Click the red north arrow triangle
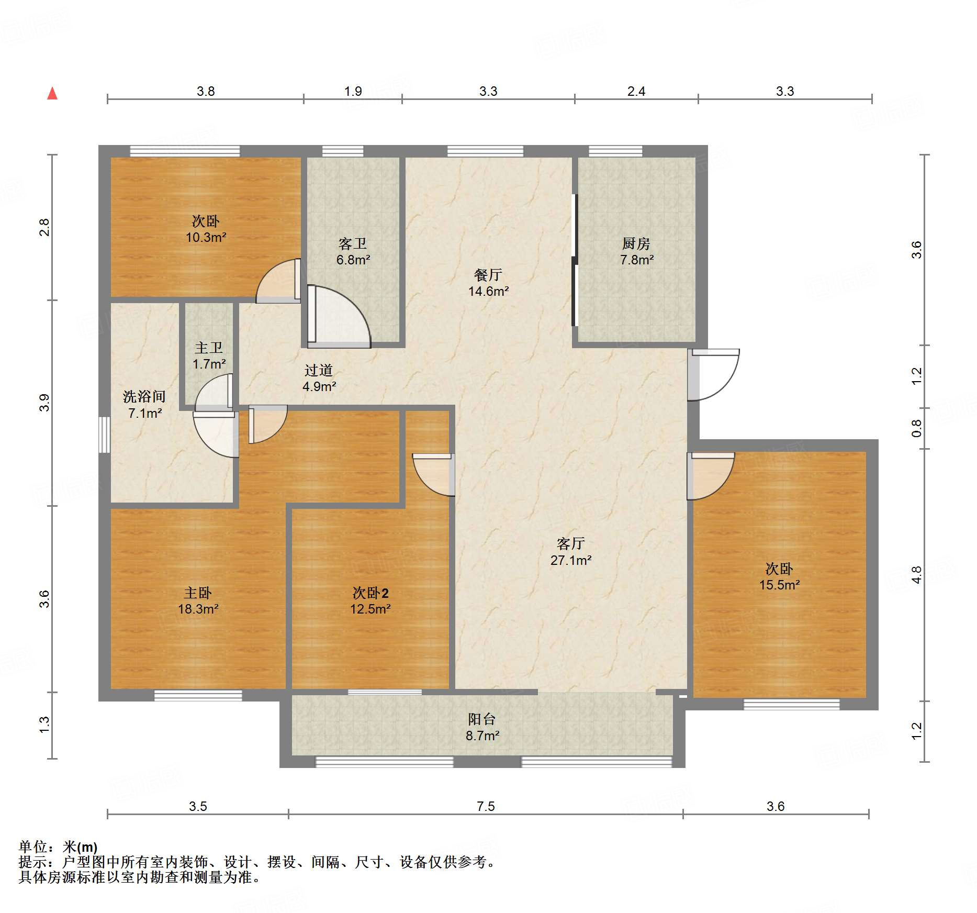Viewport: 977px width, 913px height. click(52, 93)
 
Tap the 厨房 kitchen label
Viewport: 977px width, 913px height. click(636, 243)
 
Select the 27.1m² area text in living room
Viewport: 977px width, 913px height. click(571, 560)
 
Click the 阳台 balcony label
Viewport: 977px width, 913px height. click(482, 719)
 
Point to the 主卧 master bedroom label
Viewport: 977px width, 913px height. click(198, 593)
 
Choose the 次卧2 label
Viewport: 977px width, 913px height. click(370, 593)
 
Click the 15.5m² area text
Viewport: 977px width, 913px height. click(780, 585)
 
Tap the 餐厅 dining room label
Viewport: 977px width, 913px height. click(488, 275)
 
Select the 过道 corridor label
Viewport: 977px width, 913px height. click(319, 371)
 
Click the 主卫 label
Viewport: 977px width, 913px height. click(209, 348)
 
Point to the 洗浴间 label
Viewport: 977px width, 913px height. click(144, 397)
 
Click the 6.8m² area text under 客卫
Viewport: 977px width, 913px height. click(353, 260)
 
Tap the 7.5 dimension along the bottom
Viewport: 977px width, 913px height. click(486, 806)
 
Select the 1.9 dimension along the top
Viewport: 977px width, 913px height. click(353, 91)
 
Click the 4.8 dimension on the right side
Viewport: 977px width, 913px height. click(916, 575)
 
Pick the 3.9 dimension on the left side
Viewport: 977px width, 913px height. click(44, 403)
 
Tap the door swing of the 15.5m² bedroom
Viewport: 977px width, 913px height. click(711, 476)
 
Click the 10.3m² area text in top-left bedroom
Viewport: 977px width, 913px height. click(206, 237)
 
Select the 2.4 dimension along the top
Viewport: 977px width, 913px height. click(636, 91)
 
